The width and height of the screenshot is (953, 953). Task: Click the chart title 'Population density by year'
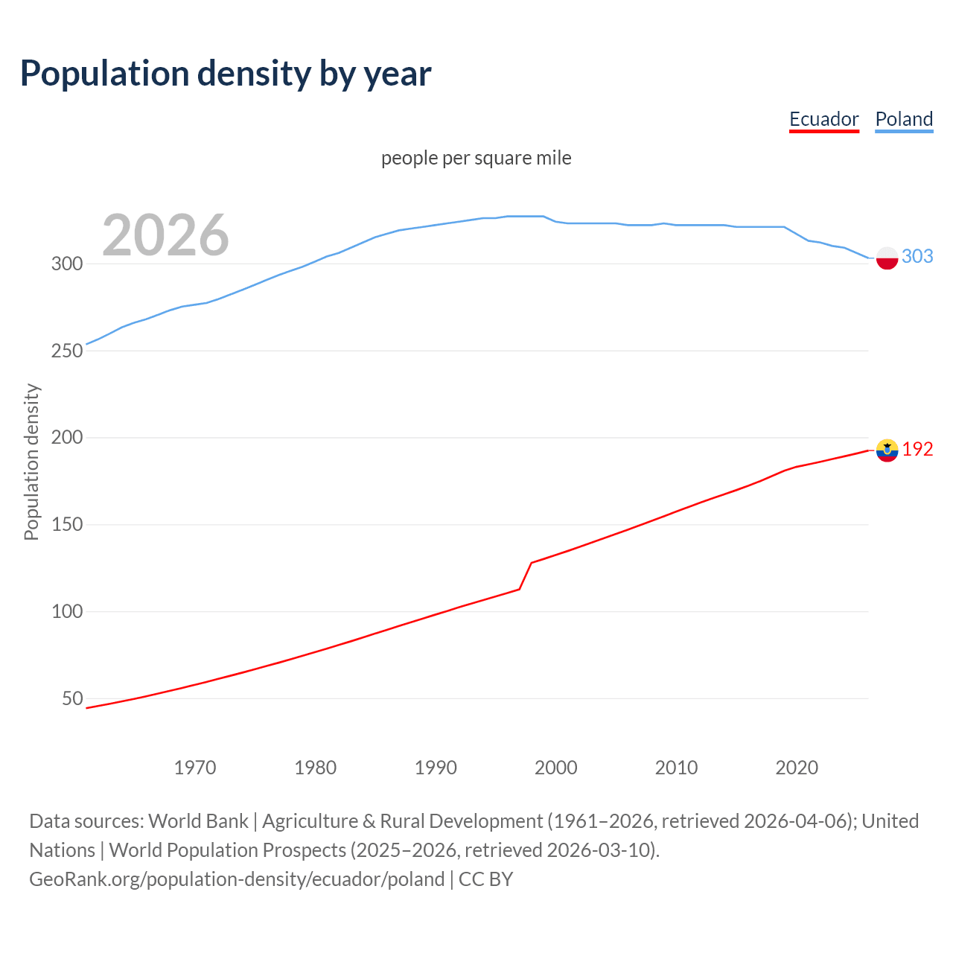[x=226, y=74]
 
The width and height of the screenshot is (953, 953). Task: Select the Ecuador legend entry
[x=823, y=119]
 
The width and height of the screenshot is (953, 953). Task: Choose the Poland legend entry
[x=904, y=119]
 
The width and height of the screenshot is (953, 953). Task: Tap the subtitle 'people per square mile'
[x=476, y=158]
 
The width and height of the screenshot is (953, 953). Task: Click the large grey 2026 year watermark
[x=165, y=235]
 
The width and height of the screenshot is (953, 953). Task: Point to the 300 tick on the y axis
[x=66, y=264]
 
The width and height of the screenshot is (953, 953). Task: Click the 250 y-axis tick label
[x=66, y=351]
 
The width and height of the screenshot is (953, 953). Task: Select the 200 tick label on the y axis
[x=66, y=437]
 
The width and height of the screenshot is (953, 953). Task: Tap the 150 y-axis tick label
[x=66, y=524]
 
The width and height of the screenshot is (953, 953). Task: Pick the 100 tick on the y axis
[x=66, y=611]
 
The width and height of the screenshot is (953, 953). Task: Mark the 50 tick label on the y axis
[x=72, y=698]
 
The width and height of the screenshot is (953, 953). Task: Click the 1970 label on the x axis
[x=195, y=768]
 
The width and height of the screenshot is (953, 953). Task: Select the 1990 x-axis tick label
[x=436, y=768]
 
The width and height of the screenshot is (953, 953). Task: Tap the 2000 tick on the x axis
[x=556, y=768]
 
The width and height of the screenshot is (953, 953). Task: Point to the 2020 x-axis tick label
[x=797, y=768]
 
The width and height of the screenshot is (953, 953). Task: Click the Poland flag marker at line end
[x=887, y=258]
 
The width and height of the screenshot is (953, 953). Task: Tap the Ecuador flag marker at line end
[x=887, y=450]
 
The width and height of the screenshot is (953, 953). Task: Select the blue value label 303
[x=917, y=256]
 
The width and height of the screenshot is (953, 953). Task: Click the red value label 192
[x=917, y=449]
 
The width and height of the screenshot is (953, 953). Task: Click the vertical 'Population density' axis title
[x=31, y=462]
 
